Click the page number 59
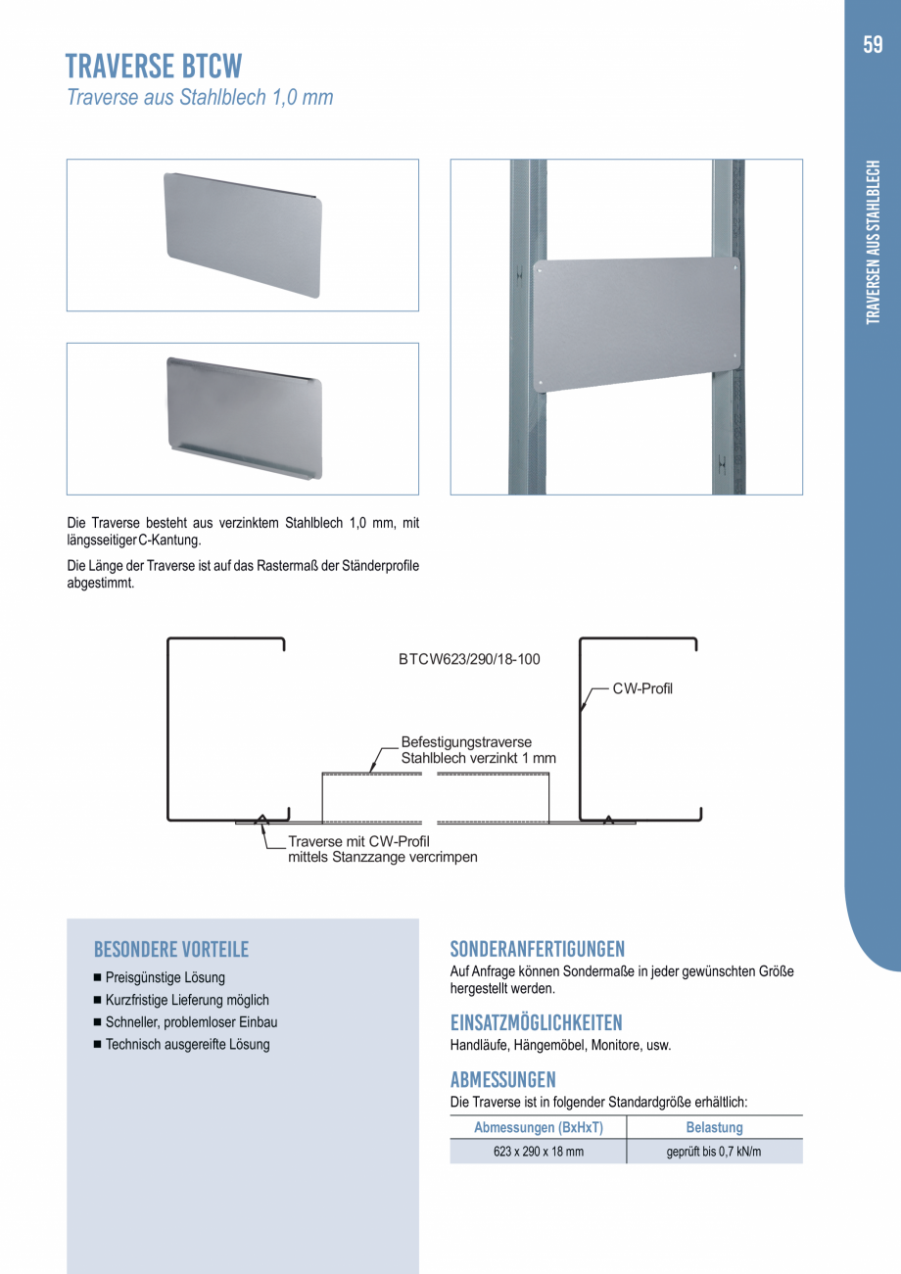coord(873,45)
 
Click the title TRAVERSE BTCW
coord(154,67)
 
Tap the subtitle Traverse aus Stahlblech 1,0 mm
coord(200,98)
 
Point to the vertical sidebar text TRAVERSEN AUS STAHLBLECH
coord(874,241)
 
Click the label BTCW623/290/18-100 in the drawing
coord(469,659)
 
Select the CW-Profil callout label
coord(642,688)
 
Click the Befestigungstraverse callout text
coord(466,743)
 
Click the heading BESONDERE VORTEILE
coord(171,949)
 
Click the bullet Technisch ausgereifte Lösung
coord(187,1044)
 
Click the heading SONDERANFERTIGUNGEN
coord(537,949)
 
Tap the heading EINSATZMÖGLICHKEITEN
coord(536,1023)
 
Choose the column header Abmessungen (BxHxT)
coord(538,1128)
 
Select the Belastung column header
coord(714,1128)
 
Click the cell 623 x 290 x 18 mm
coord(538,1152)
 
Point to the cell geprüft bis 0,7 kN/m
coord(714,1152)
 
